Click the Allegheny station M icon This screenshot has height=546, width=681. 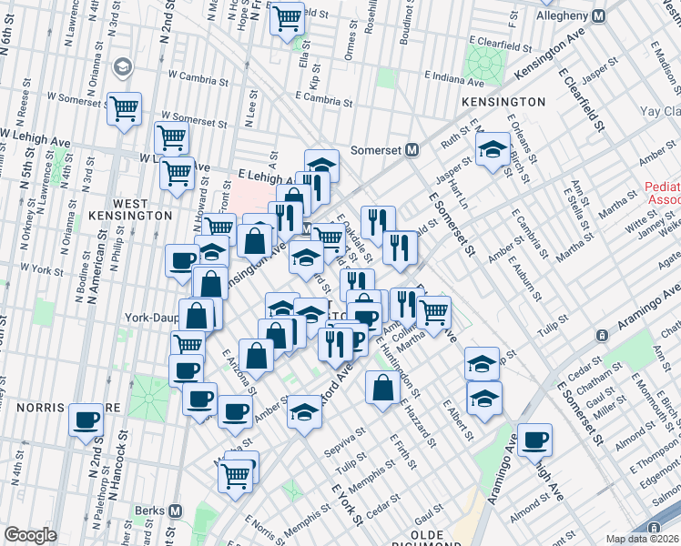point(598,16)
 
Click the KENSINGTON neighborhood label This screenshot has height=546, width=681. point(503,102)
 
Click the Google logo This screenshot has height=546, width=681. point(29,535)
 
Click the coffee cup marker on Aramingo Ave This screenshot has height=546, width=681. point(534,440)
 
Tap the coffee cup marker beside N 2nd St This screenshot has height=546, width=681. point(87,420)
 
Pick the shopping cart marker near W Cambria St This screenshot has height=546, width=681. point(125,108)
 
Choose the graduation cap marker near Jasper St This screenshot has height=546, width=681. point(493,150)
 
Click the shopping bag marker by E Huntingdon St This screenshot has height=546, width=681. point(381,387)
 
